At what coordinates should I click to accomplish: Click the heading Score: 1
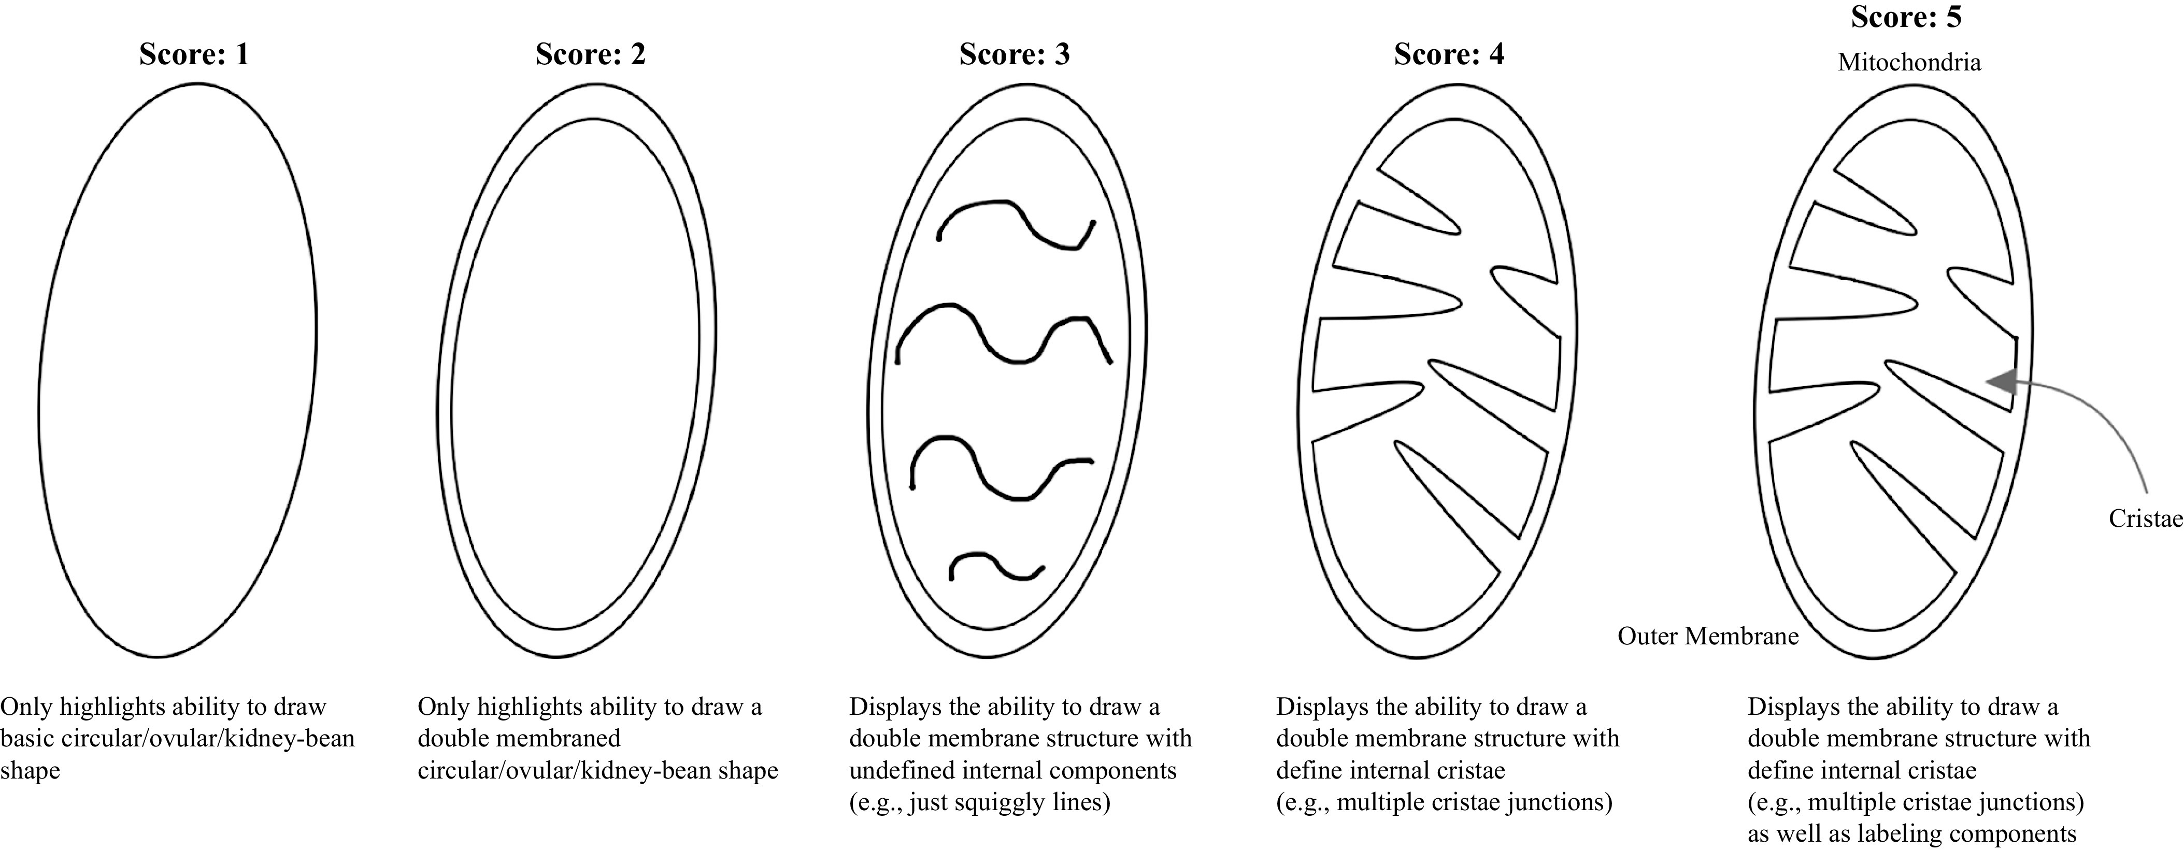click(194, 54)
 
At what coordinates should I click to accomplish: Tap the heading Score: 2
click(590, 54)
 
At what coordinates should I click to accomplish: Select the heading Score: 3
click(1014, 54)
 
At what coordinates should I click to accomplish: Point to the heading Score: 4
click(1449, 54)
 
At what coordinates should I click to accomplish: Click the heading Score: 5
click(1906, 17)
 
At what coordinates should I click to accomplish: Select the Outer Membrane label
click(1707, 637)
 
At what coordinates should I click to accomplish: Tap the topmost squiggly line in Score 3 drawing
click(1015, 224)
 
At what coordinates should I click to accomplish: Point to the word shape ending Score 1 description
click(30, 770)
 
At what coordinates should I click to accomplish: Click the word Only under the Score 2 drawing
click(444, 707)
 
